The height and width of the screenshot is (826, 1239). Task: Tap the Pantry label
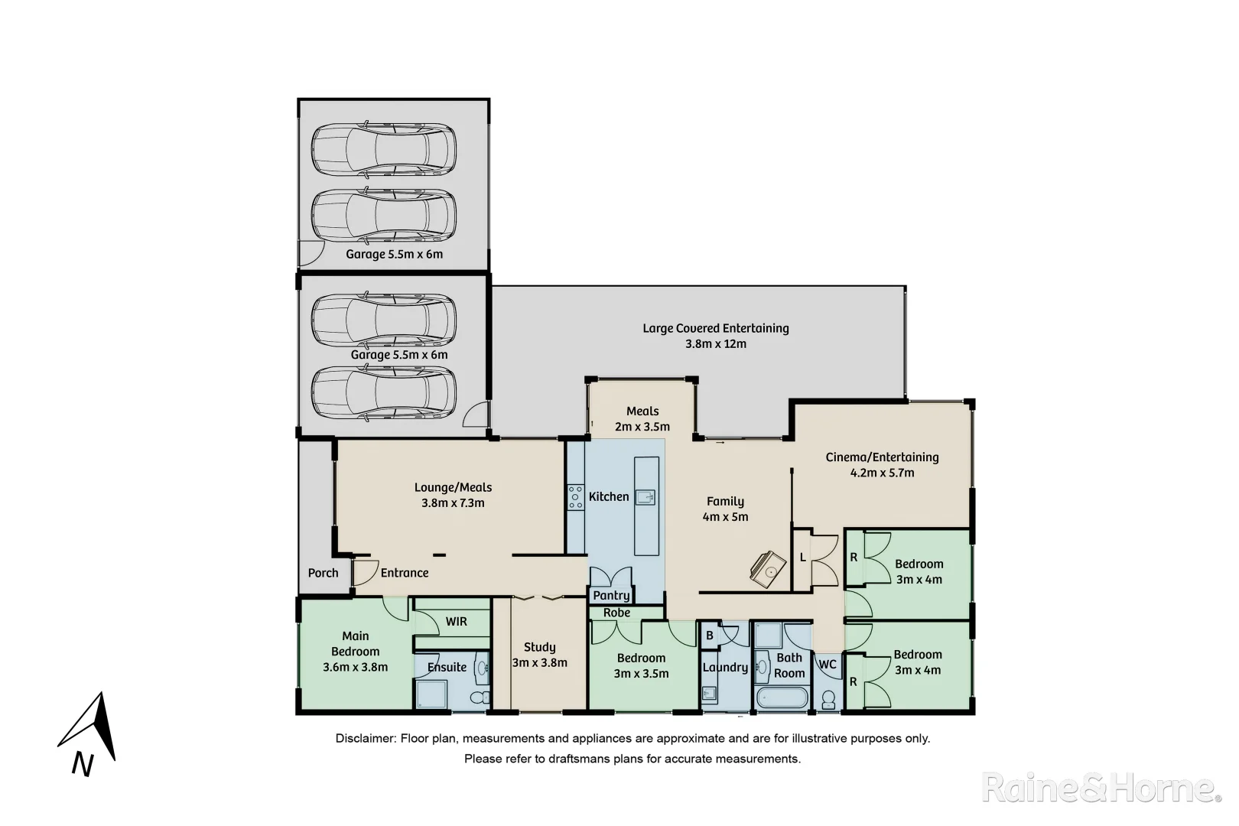point(611,595)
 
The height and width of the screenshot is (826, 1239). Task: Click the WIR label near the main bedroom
point(456,622)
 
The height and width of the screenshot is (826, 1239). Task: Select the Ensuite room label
point(447,667)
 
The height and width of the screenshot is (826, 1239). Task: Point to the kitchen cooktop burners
point(575,496)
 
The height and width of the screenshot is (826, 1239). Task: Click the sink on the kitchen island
point(646,497)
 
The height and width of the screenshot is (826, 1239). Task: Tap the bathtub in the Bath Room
point(781,698)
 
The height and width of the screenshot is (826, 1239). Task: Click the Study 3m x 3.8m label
point(539,655)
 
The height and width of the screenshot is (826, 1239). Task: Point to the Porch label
point(323,573)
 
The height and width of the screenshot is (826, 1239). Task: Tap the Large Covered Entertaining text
point(715,328)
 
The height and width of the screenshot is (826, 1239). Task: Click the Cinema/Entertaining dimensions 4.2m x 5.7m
point(882,473)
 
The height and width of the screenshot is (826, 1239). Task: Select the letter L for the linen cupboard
point(802,558)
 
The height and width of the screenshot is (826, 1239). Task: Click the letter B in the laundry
point(709,636)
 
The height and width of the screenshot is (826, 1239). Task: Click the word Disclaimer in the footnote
point(364,739)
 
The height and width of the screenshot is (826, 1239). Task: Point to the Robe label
point(616,613)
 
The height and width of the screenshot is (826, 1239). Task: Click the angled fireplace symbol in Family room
point(769,567)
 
